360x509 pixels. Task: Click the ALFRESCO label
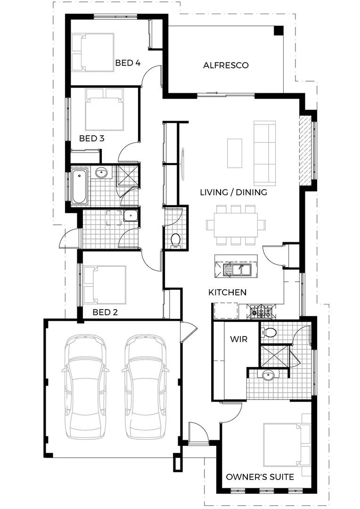pos(226,66)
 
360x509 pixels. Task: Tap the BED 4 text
pos(128,63)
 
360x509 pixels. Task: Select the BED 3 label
pos(91,139)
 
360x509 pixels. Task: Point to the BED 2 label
pos(105,312)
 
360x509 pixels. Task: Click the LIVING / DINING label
pos(233,192)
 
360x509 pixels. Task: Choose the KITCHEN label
pos(227,293)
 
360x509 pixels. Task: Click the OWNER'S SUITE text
pos(260,477)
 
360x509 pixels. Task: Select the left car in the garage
pos(84,387)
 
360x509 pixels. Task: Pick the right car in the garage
pos(146,387)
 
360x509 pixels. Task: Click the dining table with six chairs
pos(236,225)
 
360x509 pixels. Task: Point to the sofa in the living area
pos(265,153)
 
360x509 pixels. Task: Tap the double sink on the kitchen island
pos(240,270)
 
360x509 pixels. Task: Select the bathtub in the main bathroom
pos(79,187)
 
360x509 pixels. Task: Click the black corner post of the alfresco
pos(279,31)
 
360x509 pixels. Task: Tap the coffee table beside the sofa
pos(235,153)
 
